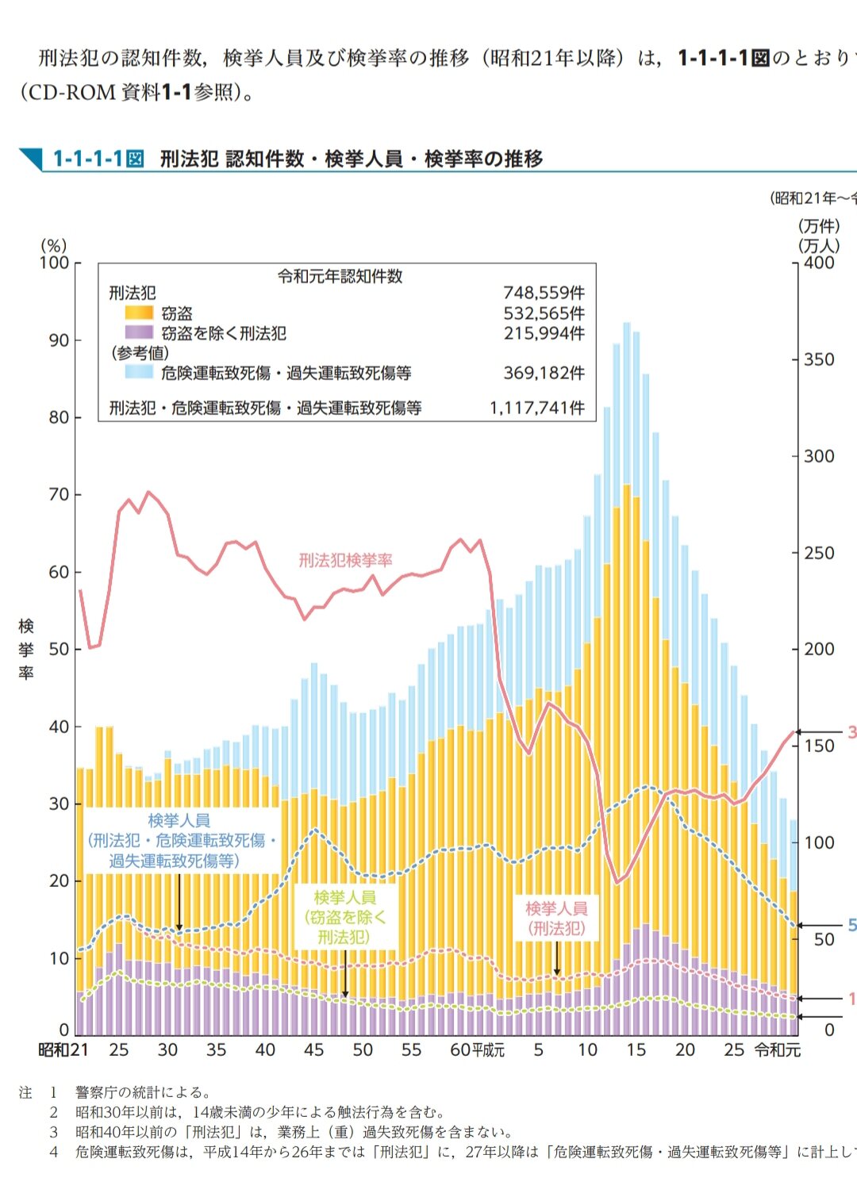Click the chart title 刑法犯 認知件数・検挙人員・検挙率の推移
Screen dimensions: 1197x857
[x=352, y=159]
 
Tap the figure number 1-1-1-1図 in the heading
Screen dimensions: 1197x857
[x=98, y=159]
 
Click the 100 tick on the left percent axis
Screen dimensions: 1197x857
[x=54, y=263]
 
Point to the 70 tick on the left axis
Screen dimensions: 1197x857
[x=59, y=495]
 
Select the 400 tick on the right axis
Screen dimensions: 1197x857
[x=819, y=263]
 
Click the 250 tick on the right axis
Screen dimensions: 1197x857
[x=819, y=553]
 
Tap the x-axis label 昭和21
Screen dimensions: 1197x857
[x=63, y=1050]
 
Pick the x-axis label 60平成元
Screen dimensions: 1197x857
[x=477, y=1050]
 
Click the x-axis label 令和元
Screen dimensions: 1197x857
[x=778, y=1050]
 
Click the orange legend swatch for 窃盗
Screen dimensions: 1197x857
[x=139, y=313]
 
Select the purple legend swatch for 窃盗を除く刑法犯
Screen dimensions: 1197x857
[x=139, y=333]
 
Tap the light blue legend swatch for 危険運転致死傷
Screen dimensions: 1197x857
[x=139, y=372]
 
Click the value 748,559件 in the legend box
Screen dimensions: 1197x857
[x=544, y=293]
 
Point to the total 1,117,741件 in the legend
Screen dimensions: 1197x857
[x=537, y=408]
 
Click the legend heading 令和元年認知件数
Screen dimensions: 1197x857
[x=340, y=276]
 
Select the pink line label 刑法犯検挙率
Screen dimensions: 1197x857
[x=345, y=561]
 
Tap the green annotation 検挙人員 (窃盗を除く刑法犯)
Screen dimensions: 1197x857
[x=345, y=917]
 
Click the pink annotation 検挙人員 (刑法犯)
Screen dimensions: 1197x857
[x=556, y=919]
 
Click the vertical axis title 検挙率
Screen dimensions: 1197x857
[x=26, y=650]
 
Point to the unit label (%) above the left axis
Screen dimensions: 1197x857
[x=54, y=245]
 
